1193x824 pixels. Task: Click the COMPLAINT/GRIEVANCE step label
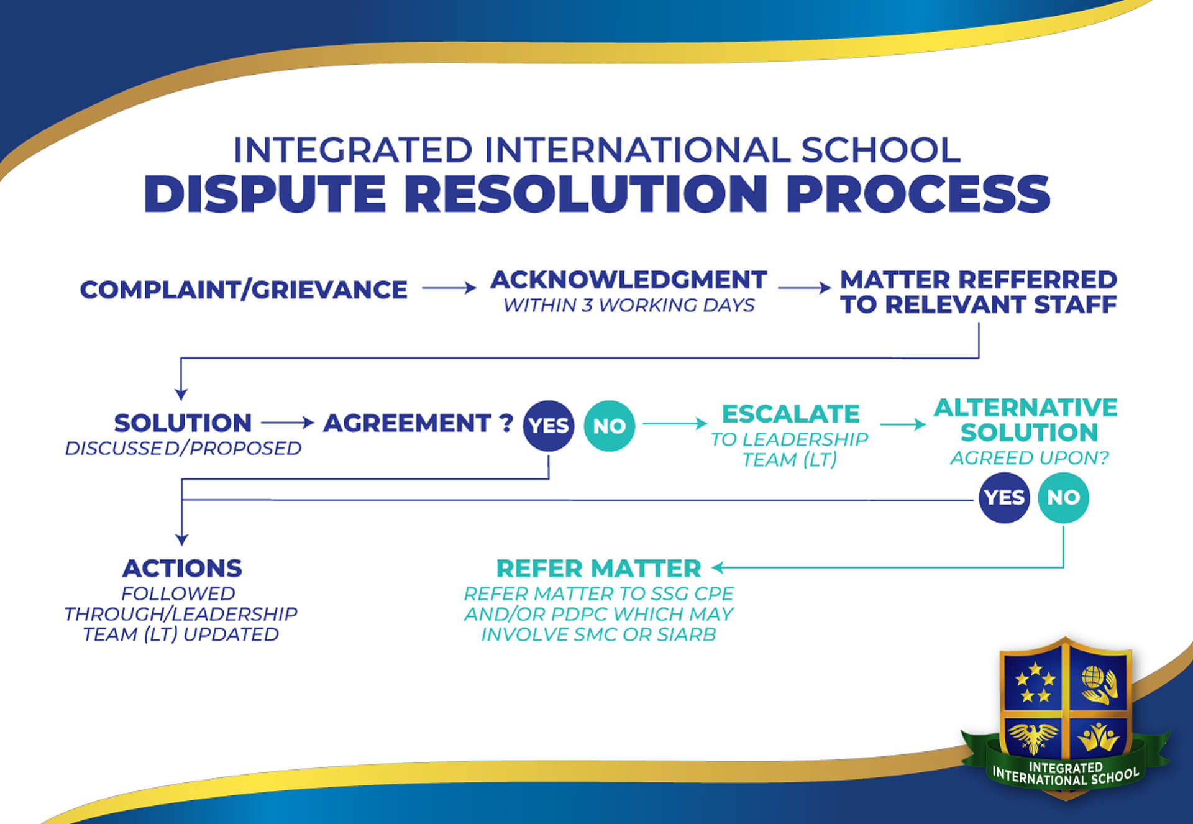point(244,290)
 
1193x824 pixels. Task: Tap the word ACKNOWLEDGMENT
point(629,280)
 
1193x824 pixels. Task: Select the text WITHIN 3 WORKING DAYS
point(629,305)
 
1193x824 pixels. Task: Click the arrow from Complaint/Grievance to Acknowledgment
point(449,288)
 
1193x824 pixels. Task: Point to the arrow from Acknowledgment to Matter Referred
point(805,288)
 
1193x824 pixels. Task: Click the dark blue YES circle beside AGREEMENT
point(549,426)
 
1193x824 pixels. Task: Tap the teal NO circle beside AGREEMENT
point(610,426)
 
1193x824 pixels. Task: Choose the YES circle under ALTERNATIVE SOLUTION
point(1004,497)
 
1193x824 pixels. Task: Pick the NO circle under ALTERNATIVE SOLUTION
point(1063,497)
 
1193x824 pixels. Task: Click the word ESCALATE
point(790,413)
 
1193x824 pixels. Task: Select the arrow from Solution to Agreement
point(288,423)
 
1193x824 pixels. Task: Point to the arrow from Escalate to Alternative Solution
point(903,424)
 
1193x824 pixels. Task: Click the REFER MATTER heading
point(598,568)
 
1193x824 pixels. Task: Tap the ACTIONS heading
point(182,568)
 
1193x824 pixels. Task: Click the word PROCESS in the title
point(918,193)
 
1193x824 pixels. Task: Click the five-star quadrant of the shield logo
point(1033,681)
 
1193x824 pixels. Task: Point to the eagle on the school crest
point(1033,738)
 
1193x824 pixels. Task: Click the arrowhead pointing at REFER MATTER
point(718,567)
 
